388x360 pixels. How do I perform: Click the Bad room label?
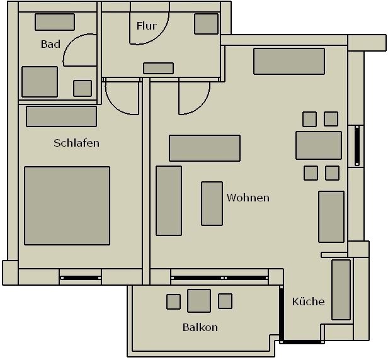[x=50, y=44]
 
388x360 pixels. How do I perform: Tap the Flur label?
[x=147, y=26]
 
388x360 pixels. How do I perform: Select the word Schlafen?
[x=76, y=143]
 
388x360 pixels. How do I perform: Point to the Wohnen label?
[x=248, y=198]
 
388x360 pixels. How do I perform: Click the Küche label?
[x=309, y=301]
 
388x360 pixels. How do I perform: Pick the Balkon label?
[x=200, y=327]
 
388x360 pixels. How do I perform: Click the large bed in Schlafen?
[x=67, y=206]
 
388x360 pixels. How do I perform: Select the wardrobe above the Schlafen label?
[x=61, y=116]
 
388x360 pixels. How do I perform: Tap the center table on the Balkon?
[x=199, y=301]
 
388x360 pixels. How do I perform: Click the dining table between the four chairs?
[x=319, y=145]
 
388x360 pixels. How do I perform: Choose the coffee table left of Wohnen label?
[x=212, y=203]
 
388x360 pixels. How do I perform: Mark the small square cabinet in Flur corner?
[x=206, y=24]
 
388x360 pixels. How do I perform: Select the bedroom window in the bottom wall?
[x=81, y=278]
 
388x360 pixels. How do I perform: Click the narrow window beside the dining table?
[x=357, y=145]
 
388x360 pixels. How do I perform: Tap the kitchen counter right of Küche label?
[x=341, y=290]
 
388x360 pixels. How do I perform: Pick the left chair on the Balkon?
[x=173, y=301]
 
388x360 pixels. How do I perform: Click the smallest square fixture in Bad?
[x=83, y=88]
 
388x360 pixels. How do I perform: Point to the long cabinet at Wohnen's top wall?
[x=289, y=61]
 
